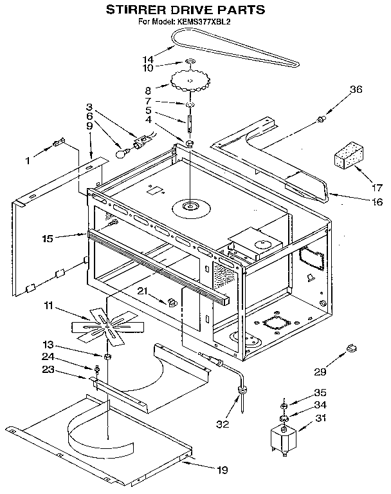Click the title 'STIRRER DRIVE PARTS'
185,10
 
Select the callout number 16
376,202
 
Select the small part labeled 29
351,348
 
